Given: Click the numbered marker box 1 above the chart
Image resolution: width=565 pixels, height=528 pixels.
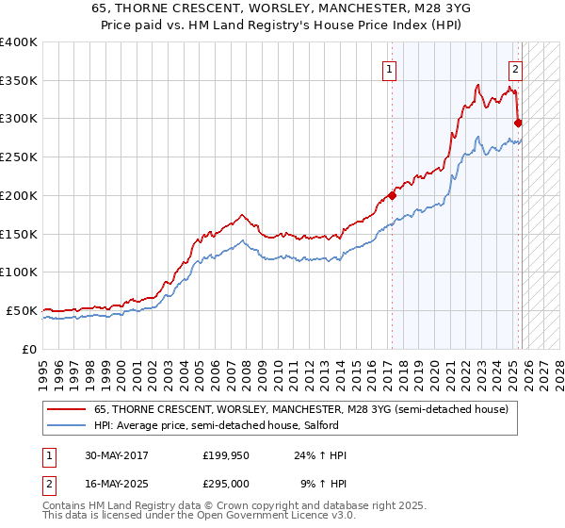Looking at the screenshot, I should click(x=389, y=67).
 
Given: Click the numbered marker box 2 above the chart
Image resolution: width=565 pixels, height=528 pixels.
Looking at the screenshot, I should click(x=516, y=67).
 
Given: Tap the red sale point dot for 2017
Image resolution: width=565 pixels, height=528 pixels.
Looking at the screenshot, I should click(x=392, y=196).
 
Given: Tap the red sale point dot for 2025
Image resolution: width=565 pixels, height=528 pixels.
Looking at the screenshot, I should click(x=519, y=122).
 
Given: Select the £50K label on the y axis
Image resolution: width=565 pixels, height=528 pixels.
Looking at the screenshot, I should click(x=23, y=310).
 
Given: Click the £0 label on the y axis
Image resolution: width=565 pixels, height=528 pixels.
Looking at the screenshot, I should click(x=29, y=349).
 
